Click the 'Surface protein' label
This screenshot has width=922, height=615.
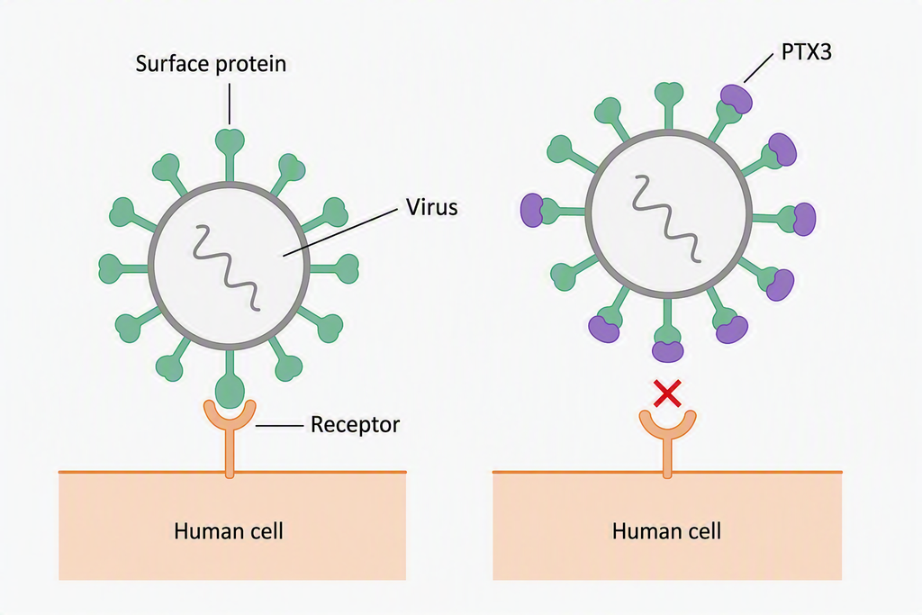click(x=211, y=64)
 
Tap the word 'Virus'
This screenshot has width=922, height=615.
click(x=431, y=207)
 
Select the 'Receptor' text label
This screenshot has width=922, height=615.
click(x=355, y=424)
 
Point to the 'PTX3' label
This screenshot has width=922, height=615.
click(x=806, y=52)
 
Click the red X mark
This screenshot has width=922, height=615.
click(x=667, y=393)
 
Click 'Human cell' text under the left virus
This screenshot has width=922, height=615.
click(x=229, y=531)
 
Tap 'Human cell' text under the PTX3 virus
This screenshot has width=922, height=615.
click(x=666, y=531)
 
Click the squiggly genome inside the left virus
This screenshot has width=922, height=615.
click(x=227, y=267)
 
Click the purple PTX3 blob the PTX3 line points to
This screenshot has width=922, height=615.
click(x=737, y=99)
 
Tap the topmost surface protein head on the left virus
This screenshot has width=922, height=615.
click(x=230, y=140)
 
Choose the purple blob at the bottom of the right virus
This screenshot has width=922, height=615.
click(x=668, y=351)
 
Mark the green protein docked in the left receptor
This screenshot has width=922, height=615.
click(x=230, y=389)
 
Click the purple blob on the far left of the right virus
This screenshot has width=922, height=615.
click(x=532, y=211)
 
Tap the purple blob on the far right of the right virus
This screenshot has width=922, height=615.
click(x=804, y=219)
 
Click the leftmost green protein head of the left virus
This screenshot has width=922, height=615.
click(x=110, y=268)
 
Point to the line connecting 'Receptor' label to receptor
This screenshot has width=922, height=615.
click(x=279, y=425)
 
